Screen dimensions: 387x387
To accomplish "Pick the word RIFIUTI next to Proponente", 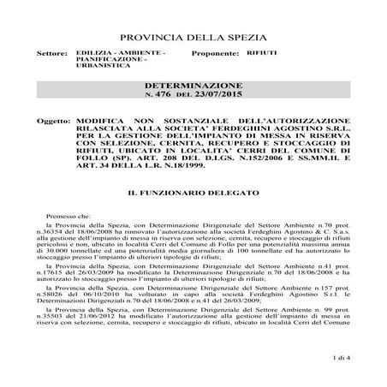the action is tap(262, 53).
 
